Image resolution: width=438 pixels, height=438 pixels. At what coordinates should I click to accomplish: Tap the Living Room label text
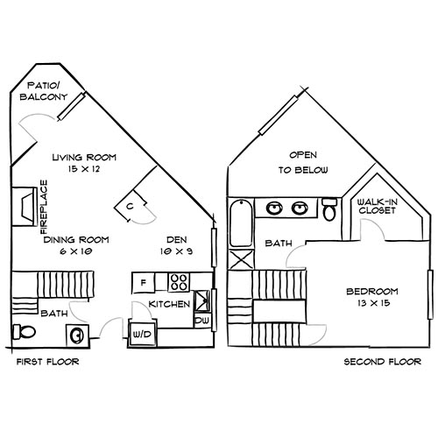[x=84, y=164]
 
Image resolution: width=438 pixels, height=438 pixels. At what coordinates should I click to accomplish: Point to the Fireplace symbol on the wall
[x=22, y=207]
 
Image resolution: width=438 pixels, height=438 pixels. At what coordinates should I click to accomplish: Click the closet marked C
[x=131, y=206]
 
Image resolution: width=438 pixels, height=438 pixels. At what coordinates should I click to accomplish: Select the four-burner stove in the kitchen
[x=179, y=282]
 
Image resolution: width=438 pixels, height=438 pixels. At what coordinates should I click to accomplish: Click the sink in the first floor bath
[x=77, y=335]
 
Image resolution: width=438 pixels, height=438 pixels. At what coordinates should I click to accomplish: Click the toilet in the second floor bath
[x=329, y=210]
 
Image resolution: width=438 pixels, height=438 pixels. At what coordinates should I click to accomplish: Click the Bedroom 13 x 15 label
[x=372, y=297]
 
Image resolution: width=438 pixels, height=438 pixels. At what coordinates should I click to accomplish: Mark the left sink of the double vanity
[x=274, y=208]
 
